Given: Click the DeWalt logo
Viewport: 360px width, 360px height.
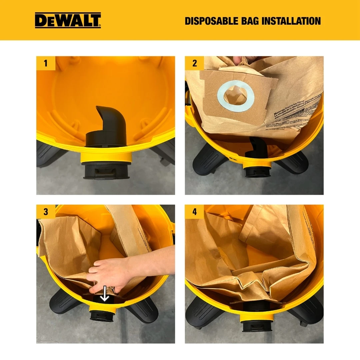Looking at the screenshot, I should tap(68, 20).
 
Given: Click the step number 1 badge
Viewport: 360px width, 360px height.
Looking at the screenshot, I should tap(46, 63).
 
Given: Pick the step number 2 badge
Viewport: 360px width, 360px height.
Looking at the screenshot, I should tap(194, 63).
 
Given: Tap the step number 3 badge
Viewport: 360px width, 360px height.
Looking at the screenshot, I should tap(46, 212).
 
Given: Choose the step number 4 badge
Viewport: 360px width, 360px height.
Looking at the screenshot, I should tap(194, 212).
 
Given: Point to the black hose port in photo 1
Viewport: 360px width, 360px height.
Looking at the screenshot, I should tap(106, 171).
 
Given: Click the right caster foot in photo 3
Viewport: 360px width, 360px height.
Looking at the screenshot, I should tap(142, 308).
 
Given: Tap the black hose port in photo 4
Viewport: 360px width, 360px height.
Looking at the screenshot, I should tap(257, 325).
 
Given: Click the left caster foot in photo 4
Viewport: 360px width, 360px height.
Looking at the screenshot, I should tap(202, 312).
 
